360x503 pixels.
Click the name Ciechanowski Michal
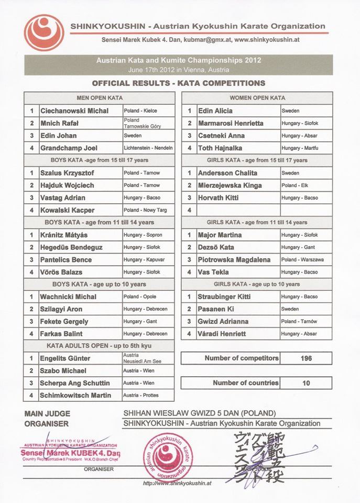[x=74, y=111]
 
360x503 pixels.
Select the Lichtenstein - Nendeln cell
[x=148, y=148]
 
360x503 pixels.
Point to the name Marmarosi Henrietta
[x=231, y=124]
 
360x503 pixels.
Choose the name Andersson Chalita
[x=227, y=173]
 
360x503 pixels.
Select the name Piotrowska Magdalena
[x=234, y=260]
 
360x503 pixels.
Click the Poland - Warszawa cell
[x=302, y=260]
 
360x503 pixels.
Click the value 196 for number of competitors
[x=307, y=358]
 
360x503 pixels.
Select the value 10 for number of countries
[x=307, y=383]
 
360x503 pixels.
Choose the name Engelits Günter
[x=65, y=358]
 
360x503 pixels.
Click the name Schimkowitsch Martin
[x=75, y=396]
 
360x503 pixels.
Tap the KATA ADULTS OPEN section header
[x=99, y=346]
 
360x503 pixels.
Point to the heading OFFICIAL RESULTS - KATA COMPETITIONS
[x=178, y=83]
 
